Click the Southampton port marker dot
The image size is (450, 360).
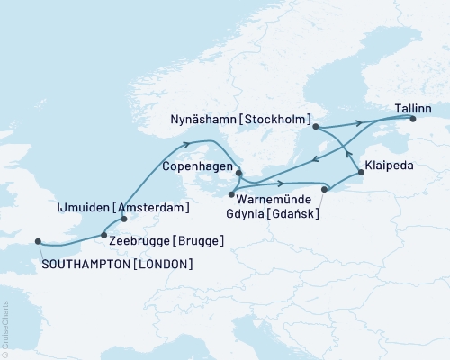38,241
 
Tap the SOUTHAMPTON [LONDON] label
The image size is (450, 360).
117,264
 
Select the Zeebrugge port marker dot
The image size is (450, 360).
104,235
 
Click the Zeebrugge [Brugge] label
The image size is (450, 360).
165,240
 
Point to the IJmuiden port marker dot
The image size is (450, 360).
124,218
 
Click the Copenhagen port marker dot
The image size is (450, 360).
238,173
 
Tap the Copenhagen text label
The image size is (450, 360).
199,167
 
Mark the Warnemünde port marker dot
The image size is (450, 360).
231,194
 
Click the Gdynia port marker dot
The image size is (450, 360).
326,188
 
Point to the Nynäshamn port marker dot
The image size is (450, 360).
315,127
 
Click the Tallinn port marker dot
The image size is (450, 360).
413,119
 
